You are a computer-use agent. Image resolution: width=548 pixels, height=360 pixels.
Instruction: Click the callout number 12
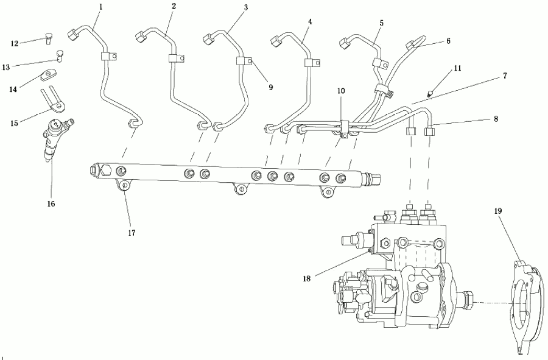15,44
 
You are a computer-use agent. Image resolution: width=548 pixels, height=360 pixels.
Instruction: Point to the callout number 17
132,233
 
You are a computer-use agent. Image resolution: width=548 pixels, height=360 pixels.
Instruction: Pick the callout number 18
306,278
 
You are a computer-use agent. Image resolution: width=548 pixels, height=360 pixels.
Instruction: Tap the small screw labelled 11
431,93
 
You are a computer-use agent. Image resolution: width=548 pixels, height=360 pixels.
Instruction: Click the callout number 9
271,87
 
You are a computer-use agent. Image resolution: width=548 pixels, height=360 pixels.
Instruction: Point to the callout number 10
341,91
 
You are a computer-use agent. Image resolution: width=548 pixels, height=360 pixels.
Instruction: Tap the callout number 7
505,76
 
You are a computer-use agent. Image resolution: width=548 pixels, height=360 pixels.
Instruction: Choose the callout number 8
496,119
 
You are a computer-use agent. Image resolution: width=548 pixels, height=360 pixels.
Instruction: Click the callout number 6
448,41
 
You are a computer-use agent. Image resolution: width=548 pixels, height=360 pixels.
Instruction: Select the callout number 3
246,7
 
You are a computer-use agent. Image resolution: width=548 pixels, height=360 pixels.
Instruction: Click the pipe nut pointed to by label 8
429,132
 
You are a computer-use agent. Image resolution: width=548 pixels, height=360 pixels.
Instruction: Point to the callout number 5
382,23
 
